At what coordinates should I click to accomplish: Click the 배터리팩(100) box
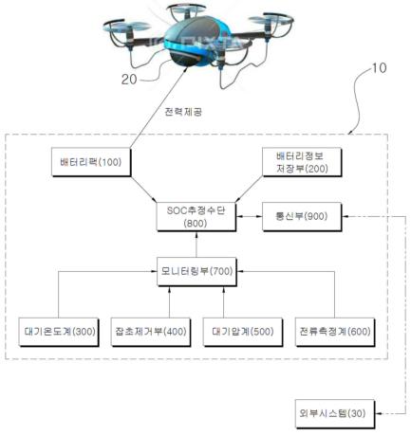91,162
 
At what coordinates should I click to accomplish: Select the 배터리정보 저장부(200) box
302,162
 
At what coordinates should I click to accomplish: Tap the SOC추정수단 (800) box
196,217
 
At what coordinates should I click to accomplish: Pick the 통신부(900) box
302,217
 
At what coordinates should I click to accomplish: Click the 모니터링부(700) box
196,272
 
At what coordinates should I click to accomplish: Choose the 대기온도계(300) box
59,332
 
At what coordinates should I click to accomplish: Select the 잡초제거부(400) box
151,332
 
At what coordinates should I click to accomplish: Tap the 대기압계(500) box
243,332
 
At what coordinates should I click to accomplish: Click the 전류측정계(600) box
335,332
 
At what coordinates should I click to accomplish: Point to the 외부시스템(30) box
335,414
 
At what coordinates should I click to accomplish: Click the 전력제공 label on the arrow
183,112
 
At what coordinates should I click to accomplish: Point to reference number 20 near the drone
129,80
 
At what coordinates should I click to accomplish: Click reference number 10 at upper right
379,68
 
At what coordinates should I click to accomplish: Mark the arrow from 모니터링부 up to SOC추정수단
196,245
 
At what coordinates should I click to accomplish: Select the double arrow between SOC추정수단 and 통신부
250,216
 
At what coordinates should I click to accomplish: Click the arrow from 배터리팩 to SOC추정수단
143,190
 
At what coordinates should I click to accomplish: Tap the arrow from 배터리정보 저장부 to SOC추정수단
249,190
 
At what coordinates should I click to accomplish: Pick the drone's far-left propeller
127,27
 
